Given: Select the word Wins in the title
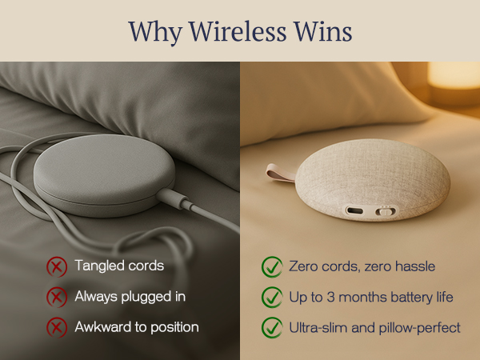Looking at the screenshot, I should [324, 31].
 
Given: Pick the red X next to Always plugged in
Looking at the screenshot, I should [56, 297].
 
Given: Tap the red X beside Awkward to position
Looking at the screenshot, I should [56, 327].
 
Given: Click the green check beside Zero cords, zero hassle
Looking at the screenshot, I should [271, 266].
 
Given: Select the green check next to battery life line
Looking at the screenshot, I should [271, 297].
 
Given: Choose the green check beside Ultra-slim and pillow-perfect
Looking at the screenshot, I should [271, 327].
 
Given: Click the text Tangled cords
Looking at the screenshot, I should [118, 266].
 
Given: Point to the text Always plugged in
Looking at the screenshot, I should [130, 296].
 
